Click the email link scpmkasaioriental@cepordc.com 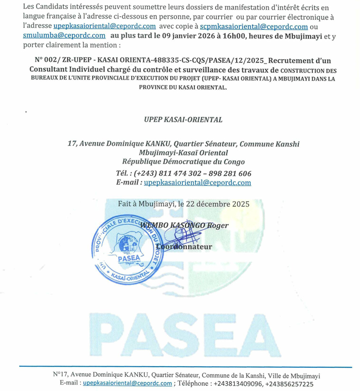tap(260, 26)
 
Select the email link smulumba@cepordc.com tap(64, 35)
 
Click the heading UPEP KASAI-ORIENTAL tap(183, 120)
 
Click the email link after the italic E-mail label tap(197, 182)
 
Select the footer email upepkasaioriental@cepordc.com tap(127, 384)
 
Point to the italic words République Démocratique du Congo tap(184, 162)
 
